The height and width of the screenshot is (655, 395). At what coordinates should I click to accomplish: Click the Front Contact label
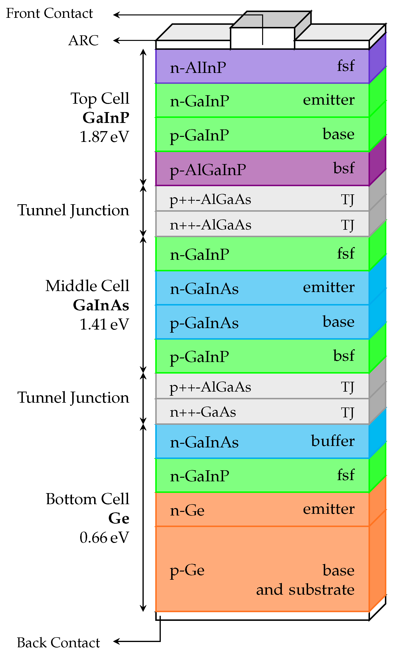[x=50, y=13]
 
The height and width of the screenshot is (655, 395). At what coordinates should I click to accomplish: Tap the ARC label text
[x=83, y=41]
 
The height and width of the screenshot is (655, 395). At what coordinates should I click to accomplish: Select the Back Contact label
[x=58, y=642]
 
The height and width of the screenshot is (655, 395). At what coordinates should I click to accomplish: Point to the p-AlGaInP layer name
[x=208, y=170]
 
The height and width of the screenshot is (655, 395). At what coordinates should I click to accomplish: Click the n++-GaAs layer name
[x=203, y=412]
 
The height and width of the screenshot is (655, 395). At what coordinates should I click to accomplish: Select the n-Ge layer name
[x=187, y=510]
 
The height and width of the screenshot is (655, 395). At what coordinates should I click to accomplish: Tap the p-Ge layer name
[x=187, y=570]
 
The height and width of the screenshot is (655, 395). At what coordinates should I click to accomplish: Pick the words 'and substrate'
[x=305, y=590]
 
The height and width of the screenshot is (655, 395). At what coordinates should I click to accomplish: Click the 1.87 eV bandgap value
[x=104, y=137]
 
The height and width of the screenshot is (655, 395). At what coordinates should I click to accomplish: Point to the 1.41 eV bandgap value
[x=104, y=324]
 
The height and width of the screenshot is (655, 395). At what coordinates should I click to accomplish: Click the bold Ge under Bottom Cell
[x=119, y=518]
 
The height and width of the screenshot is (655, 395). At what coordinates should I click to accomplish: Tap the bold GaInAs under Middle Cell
[x=101, y=305]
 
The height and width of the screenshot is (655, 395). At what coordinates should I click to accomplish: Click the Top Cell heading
[x=100, y=98]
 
